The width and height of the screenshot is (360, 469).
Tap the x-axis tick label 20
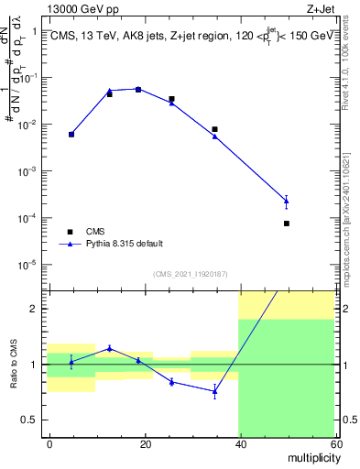(x=144, y=443)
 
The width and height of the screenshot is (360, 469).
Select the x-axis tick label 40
(x=238, y=443)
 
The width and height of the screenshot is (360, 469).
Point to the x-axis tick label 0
(x=49, y=443)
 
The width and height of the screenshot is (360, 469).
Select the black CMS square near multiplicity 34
(x=214, y=129)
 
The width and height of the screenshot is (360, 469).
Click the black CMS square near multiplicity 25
(x=171, y=99)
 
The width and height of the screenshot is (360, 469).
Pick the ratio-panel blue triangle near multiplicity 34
(x=214, y=391)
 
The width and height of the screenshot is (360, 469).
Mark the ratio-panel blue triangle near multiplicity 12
(x=109, y=348)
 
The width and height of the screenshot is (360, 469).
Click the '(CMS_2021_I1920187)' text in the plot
(x=190, y=273)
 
